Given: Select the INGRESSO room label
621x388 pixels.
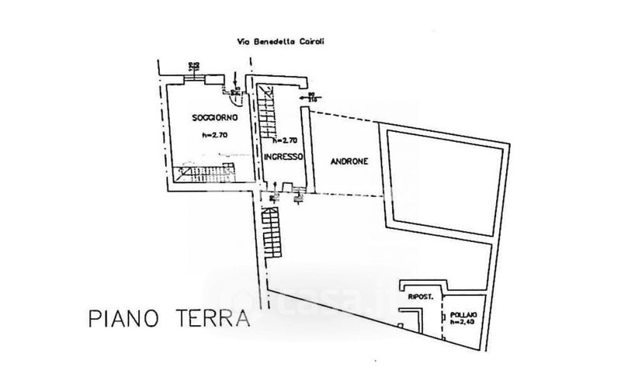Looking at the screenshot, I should tap(282, 156).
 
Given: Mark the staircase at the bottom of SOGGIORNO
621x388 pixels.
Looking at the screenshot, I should tap(206, 171).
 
